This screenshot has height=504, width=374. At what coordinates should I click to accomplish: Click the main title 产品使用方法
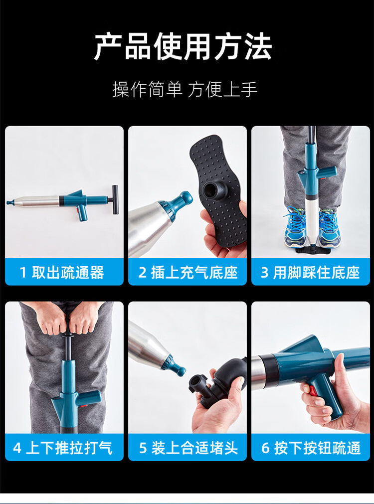[x=184, y=47]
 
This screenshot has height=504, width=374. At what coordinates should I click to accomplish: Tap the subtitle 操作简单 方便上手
[x=185, y=89]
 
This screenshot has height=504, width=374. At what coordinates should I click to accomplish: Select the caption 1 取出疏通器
[x=62, y=273]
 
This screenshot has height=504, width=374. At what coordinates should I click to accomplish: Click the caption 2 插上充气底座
[x=188, y=273]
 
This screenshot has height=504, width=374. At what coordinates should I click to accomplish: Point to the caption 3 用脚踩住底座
[x=310, y=273]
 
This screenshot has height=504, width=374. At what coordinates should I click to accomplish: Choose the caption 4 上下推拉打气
[x=63, y=448]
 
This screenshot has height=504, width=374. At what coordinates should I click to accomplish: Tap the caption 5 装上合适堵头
[x=188, y=448]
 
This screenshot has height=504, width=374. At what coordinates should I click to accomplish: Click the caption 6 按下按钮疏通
[x=311, y=448]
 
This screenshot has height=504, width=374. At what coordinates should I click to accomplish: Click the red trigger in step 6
[x=313, y=391]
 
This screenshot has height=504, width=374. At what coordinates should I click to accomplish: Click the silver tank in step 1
[x=36, y=201]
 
